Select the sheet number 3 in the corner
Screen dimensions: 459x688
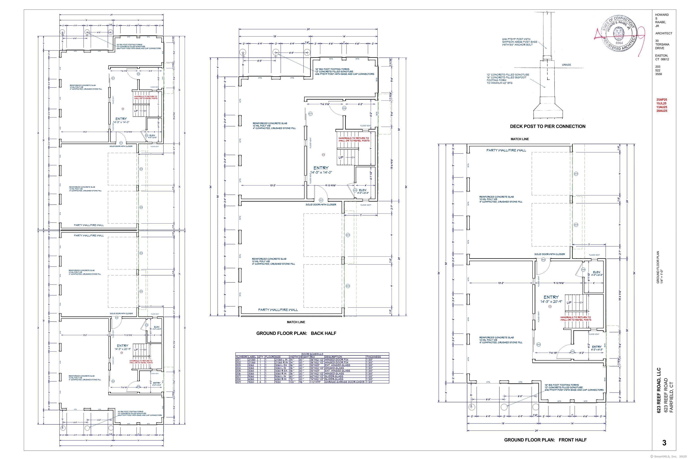tap(664, 443)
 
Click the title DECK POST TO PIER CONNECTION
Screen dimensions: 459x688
tap(548, 126)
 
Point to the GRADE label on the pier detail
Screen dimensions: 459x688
tap(566, 65)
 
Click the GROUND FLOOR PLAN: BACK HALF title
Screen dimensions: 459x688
tap(296, 333)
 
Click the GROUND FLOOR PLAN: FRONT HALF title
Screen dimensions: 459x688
tap(545, 440)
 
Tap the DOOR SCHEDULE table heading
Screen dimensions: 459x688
tap(312, 354)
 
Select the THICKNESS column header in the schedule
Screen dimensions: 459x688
tap(374, 357)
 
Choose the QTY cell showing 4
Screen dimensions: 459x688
tap(260, 382)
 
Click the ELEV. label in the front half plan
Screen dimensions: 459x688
tap(596, 272)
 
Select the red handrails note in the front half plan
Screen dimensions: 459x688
tap(575, 318)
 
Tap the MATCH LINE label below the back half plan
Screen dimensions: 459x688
tap(296, 322)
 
